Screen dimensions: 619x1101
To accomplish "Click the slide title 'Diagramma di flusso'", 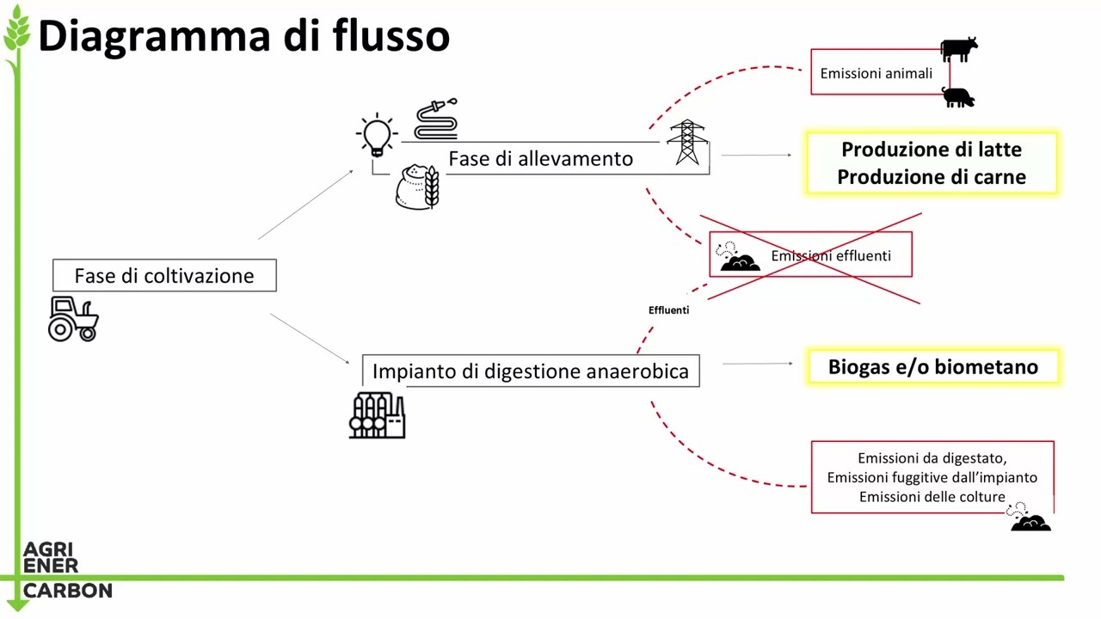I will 243,36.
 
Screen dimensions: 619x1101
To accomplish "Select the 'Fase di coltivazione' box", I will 164,276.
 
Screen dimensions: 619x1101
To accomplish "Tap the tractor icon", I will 73,319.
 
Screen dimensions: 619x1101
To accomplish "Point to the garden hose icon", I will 436,120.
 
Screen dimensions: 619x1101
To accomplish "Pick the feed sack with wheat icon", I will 417,187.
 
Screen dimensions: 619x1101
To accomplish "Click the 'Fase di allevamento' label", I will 540,159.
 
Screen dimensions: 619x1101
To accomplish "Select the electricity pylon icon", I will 686,142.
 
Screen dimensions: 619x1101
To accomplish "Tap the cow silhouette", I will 958,50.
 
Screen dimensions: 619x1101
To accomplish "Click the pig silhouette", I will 958,97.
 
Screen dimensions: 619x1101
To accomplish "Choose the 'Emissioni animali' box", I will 876,74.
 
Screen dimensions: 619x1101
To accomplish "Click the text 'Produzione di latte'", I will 932,150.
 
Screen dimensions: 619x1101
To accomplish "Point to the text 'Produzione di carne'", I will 932,177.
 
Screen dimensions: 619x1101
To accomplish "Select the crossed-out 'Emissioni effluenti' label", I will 830,256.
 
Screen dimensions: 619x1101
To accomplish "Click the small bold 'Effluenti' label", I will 668,310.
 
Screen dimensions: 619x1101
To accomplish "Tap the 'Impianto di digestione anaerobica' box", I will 531,371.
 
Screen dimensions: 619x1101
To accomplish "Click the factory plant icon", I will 377,415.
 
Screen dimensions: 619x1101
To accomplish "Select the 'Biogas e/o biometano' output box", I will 932,367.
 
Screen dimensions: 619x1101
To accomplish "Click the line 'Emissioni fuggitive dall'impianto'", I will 932,478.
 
